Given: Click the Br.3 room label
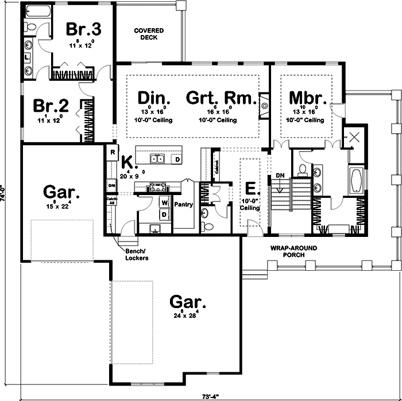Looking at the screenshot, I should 83,29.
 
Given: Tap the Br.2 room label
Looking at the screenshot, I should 51,106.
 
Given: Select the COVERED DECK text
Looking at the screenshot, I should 149,34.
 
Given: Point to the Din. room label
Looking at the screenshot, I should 152,98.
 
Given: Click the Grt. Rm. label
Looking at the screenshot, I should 220,98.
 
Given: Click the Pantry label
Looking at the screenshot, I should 184,204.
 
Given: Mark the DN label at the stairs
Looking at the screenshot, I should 281,176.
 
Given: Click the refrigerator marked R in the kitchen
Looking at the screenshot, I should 112,153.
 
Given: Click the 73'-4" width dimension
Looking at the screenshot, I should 210,396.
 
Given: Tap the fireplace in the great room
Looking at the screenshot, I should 264,105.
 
